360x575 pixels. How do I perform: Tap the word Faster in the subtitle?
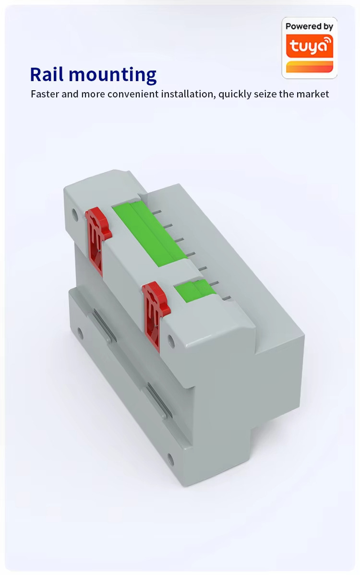point(45,94)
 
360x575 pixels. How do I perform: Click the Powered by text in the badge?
point(309,26)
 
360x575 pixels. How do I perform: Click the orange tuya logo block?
point(310,47)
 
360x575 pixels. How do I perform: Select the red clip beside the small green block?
point(156,311)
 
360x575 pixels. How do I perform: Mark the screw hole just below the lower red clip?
point(170,340)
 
